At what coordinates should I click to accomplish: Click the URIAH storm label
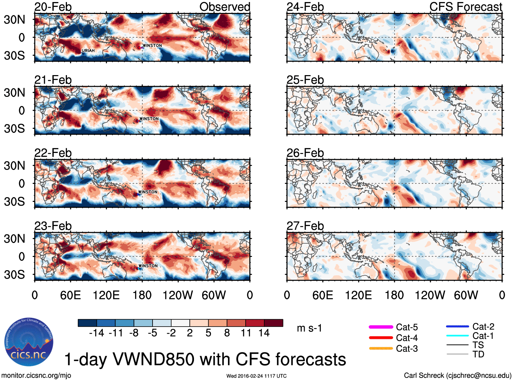point(88,51)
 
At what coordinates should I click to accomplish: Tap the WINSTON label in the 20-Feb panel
point(152,46)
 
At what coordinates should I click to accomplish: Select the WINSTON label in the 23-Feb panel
point(148,266)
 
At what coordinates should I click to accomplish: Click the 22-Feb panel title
point(53,153)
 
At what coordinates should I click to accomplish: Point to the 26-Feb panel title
point(305,153)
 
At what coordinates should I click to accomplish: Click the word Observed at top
point(225,7)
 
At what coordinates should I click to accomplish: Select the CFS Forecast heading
point(465,7)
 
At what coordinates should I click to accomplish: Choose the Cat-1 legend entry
point(470,336)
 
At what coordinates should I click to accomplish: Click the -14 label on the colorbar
point(96,333)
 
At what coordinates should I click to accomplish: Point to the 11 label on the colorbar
point(246,333)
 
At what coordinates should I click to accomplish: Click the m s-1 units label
point(309,328)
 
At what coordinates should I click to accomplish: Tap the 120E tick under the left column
point(106,295)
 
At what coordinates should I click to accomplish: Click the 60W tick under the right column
point(466,295)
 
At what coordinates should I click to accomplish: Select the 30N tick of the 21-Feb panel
point(14,92)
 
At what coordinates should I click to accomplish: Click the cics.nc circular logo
point(29,342)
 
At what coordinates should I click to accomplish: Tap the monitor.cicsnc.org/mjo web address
point(36,376)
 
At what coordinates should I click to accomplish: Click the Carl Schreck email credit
point(457,376)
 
